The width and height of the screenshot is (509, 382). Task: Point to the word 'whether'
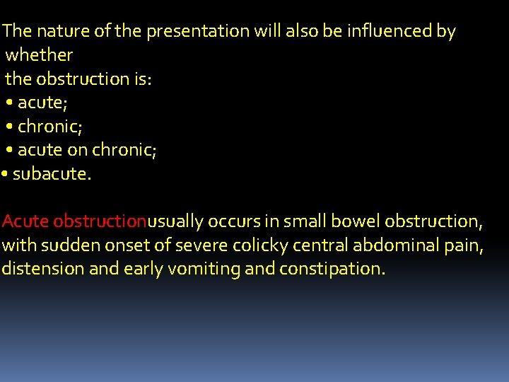point(39,55)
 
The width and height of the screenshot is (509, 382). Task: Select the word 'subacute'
point(51,174)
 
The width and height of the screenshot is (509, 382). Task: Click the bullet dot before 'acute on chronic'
point(9,151)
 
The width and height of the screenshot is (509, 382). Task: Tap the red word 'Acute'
point(25,221)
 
